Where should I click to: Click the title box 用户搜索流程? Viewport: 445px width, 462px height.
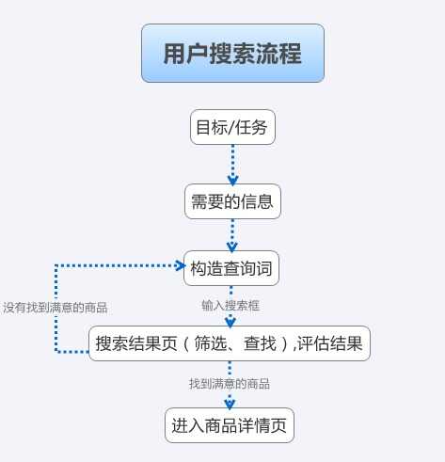pos(232,53)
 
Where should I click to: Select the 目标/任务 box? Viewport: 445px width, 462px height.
pos(232,127)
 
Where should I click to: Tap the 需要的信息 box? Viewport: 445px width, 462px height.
pos(232,201)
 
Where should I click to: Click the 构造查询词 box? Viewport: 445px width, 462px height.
pos(231,268)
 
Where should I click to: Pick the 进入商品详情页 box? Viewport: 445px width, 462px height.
pos(230,425)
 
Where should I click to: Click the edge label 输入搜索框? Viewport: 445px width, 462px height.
pos(230,305)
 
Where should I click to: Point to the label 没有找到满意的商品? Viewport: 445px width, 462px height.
pos(56,308)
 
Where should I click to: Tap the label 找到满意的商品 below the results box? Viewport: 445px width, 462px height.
pos(230,384)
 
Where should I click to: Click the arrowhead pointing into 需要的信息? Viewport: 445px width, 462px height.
pos(232,181)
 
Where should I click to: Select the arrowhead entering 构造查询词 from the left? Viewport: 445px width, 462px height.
pos(181,265)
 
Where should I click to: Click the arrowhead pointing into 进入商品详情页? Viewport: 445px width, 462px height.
pos(230,405)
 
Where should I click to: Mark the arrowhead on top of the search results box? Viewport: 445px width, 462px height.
pos(230,323)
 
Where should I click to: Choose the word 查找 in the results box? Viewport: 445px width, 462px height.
pos(261,343)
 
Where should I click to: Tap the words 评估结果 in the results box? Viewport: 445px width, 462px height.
pos(330,343)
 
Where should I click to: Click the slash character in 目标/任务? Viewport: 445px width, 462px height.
pos(231,127)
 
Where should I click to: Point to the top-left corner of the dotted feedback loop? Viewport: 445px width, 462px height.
pos(56,265)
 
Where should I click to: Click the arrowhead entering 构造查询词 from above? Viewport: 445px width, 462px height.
pos(231,247)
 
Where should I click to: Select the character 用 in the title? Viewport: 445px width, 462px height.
pos(174,54)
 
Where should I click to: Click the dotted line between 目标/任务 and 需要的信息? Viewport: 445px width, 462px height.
pos(232,163)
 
